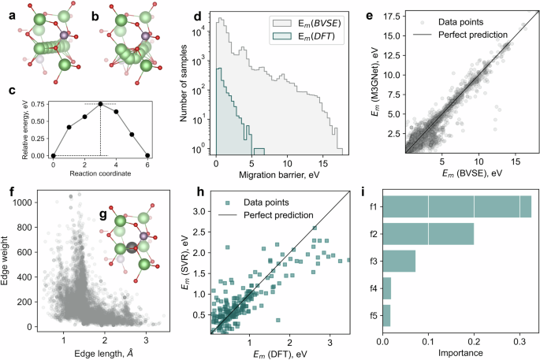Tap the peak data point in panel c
coord(100,103)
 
